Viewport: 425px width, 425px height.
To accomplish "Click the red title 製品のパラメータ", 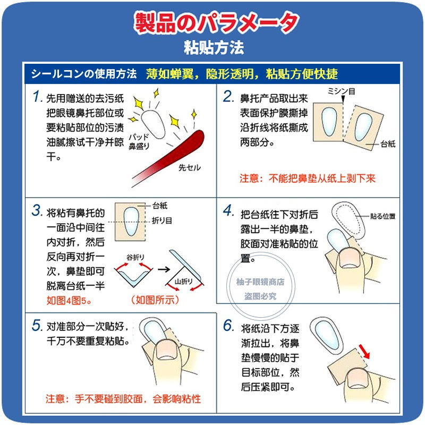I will click(215, 22).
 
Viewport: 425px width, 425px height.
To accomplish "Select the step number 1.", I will click(37, 97).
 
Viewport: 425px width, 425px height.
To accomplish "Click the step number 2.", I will click(228, 97).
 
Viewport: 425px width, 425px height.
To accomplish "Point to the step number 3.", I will click(37, 210).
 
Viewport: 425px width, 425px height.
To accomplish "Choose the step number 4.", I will click(228, 211).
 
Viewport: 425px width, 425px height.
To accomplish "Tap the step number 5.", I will click(37, 325).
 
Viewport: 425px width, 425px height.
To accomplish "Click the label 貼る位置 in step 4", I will click(383, 217).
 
